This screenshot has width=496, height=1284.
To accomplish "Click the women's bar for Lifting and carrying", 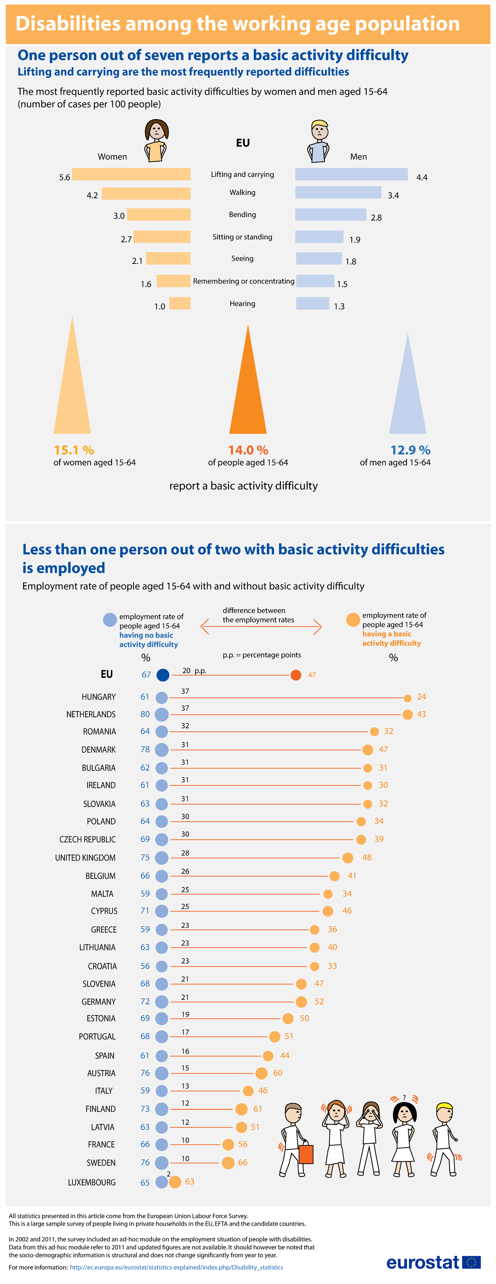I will (131, 174).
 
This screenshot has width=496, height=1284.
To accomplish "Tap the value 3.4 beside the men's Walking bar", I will (393, 195).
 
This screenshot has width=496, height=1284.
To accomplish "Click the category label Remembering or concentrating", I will (243, 281).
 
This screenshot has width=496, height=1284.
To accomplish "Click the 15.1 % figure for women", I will (74, 450).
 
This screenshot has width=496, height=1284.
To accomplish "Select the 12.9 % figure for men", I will (410, 450).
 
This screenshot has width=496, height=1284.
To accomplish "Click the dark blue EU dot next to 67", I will (163, 675).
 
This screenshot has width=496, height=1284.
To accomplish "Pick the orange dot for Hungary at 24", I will (408, 698).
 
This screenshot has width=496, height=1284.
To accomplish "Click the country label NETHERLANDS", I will (91, 714).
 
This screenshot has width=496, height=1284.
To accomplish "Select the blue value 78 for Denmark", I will (145, 749).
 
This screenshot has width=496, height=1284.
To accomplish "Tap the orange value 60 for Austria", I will (277, 1073).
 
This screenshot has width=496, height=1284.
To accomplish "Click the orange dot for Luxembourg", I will (175, 1182).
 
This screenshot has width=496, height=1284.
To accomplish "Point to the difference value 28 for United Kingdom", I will (185, 853).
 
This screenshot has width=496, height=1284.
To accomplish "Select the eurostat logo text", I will (422, 1262).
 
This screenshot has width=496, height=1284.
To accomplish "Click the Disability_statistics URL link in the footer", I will (176, 1267).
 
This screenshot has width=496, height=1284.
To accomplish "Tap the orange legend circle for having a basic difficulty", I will (353, 620).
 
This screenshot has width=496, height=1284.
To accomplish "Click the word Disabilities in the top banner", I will (68, 24).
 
